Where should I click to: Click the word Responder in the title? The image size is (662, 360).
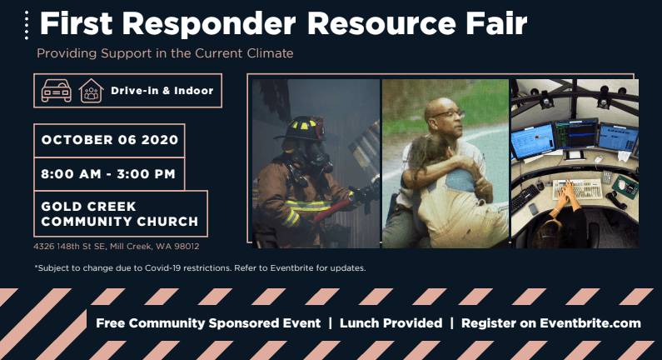(x=209, y=24)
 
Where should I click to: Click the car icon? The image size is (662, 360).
(x=56, y=91)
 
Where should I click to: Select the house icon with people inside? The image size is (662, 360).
(x=92, y=91)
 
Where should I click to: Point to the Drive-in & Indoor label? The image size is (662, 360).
(x=162, y=91)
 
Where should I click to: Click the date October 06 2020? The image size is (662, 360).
(x=110, y=140)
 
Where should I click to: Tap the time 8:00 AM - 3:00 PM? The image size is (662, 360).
(x=108, y=173)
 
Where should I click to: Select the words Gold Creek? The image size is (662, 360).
(x=88, y=206)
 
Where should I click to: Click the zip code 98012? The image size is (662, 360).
(x=187, y=247)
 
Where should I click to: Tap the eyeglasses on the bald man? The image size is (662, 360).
(x=448, y=114)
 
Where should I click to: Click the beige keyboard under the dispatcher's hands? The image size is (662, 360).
(x=577, y=188)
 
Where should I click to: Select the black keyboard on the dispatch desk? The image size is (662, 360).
(x=525, y=197)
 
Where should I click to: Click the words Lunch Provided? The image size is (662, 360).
(x=391, y=323)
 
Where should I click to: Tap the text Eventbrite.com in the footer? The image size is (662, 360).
(x=590, y=323)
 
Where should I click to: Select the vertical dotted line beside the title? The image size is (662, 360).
(x=27, y=25)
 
